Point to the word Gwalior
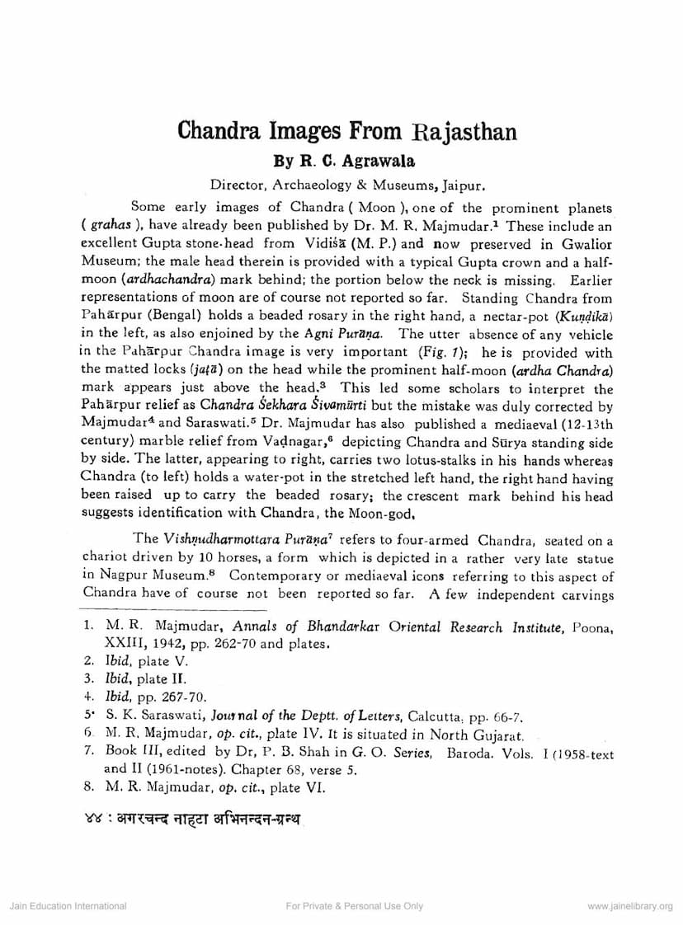click(x=585, y=244)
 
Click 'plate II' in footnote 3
click(x=163, y=679)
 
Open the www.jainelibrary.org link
click(x=630, y=905)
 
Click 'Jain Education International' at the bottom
click(x=68, y=905)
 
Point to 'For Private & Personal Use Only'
click(x=354, y=905)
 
